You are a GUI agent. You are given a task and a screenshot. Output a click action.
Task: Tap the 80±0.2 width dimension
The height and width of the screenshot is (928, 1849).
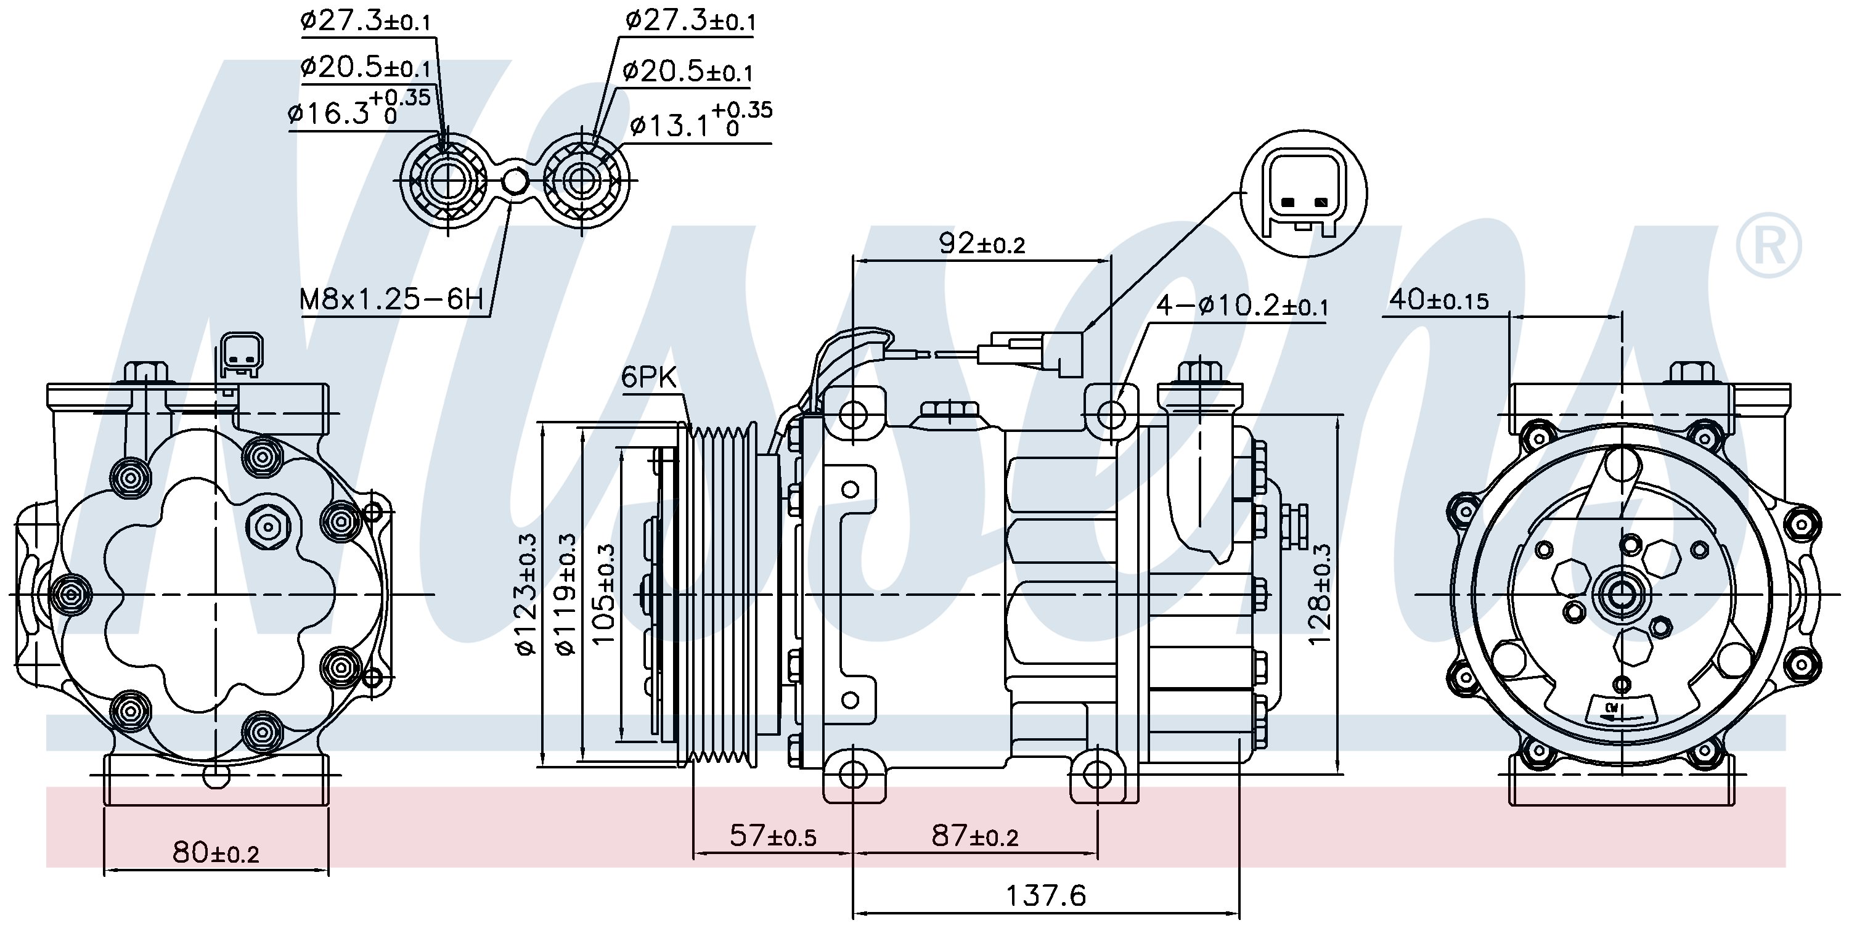[215, 853]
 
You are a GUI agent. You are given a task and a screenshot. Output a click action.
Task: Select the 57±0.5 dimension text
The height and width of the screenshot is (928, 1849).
[772, 836]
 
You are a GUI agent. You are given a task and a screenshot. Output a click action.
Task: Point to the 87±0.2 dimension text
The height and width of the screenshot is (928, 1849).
[974, 836]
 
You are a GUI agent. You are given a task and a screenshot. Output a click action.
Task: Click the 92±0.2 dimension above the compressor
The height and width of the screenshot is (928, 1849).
[982, 244]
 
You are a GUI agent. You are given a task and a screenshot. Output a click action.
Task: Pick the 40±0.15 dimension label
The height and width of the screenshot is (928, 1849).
[1439, 300]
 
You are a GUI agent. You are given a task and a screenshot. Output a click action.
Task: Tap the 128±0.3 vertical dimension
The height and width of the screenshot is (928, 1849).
[1320, 594]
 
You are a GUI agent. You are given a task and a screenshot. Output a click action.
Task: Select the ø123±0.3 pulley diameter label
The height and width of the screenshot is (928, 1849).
[526, 594]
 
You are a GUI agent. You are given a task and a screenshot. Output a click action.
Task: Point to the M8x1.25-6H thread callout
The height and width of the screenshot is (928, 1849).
[391, 299]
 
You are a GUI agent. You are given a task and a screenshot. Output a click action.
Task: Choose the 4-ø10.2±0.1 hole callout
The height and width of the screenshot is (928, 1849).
[1241, 306]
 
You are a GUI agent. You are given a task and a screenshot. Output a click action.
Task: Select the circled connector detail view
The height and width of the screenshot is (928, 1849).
[1303, 193]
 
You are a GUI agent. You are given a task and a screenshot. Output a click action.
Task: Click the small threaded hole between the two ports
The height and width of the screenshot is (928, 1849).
[515, 182]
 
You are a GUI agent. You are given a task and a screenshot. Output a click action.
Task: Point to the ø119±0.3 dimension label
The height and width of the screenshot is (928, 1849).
[566, 594]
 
